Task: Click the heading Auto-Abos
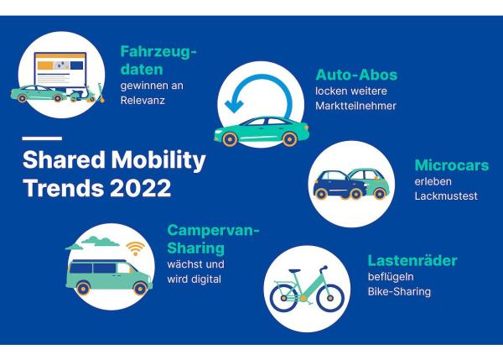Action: pos(356,75)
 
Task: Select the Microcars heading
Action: pos(452,165)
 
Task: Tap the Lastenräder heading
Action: pos(412,260)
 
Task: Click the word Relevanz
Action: pos(143,100)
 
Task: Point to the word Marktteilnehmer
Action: pos(355,106)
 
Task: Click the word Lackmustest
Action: pos(446,196)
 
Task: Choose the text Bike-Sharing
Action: pos(399,291)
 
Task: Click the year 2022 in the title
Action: pos(141,188)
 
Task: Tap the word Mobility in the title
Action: pos(158,160)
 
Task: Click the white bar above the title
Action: pos(42,138)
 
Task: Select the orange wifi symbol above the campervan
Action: pos(135,248)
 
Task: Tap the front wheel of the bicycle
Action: pos(330,298)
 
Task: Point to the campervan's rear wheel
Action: pos(83,289)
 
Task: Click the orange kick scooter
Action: pos(101,93)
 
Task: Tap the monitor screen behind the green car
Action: pos(60,70)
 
